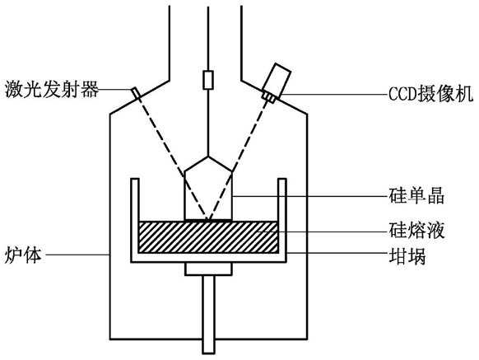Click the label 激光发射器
[52, 89]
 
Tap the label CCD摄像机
[430, 94]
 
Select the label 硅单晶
[416, 196]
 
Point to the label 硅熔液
[416, 231]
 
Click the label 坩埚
[407, 256]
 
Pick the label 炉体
[23, 255]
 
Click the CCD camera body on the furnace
[277, 78]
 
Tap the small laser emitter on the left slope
[136, 94]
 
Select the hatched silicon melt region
[208, 237]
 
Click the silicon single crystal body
[208, 196]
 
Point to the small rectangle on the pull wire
[208, 80]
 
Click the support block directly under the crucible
[208, 269]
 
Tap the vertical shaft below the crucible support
[209, 314]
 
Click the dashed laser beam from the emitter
[172, 157]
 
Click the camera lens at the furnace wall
[270, 96]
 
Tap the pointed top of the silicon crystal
[208, 157]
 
